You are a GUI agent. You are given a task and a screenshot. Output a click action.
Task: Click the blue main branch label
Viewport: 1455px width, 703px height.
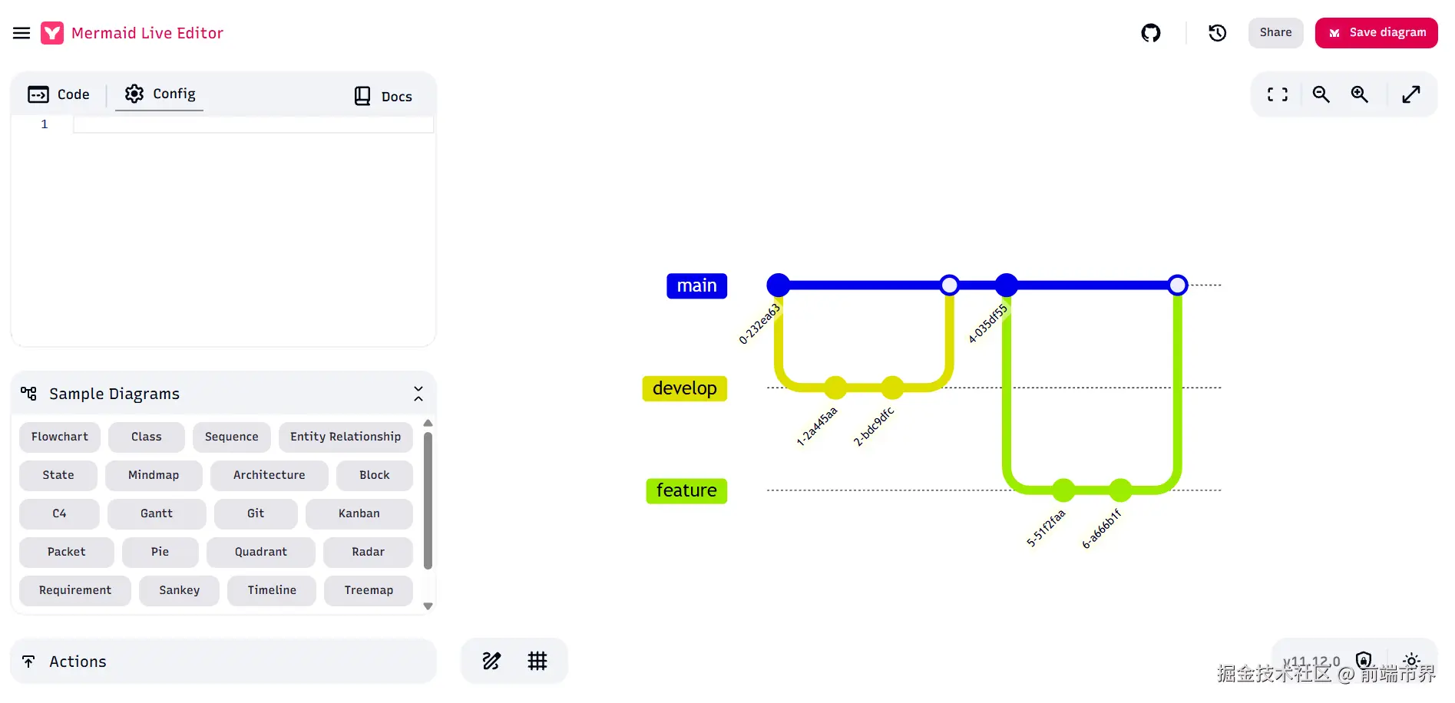tap(696, 285)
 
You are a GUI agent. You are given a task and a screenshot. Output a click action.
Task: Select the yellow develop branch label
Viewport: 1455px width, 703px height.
tap(684, 388)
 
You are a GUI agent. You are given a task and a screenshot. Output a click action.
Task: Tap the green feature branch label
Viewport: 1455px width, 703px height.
tap(686, 490)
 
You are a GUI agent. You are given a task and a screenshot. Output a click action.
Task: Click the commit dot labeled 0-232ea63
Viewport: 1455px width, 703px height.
tap(778, 285)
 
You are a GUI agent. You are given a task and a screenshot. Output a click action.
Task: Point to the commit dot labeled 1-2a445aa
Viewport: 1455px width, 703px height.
tap(835, 388)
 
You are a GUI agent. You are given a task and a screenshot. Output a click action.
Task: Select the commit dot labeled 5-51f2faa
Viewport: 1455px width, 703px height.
tap(1063, 490)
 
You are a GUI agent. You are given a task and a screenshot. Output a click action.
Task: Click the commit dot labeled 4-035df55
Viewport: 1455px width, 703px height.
tap(1006, 285)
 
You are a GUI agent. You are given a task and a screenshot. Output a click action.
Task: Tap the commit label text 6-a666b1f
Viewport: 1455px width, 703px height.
tap(1101, 529)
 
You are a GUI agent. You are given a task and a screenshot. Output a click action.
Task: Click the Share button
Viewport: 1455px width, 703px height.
tap(1275, 33)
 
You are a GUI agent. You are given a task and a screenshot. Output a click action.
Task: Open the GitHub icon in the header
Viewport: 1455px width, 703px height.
tap(1150, 33)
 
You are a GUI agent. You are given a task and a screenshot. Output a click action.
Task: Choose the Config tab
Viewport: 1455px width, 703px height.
tap(160, 94)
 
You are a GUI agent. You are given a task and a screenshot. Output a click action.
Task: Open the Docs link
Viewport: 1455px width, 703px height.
tap(383, 96)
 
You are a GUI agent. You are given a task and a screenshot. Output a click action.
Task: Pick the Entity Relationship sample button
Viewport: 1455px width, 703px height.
tap(346, 437)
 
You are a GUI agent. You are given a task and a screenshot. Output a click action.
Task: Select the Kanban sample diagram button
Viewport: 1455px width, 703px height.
tap(359, 513)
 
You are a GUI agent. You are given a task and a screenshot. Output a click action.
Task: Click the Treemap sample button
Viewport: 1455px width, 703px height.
tap(369, 590)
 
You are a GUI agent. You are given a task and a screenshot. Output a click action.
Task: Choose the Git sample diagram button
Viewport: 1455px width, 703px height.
tap(256, 513)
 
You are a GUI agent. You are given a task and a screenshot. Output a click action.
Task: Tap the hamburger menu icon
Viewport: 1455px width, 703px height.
tap(21, 33)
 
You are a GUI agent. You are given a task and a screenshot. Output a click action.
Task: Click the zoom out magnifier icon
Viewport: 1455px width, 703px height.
tap(1321, 94)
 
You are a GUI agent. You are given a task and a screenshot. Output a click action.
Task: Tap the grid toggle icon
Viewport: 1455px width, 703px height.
tap(537, 661)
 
